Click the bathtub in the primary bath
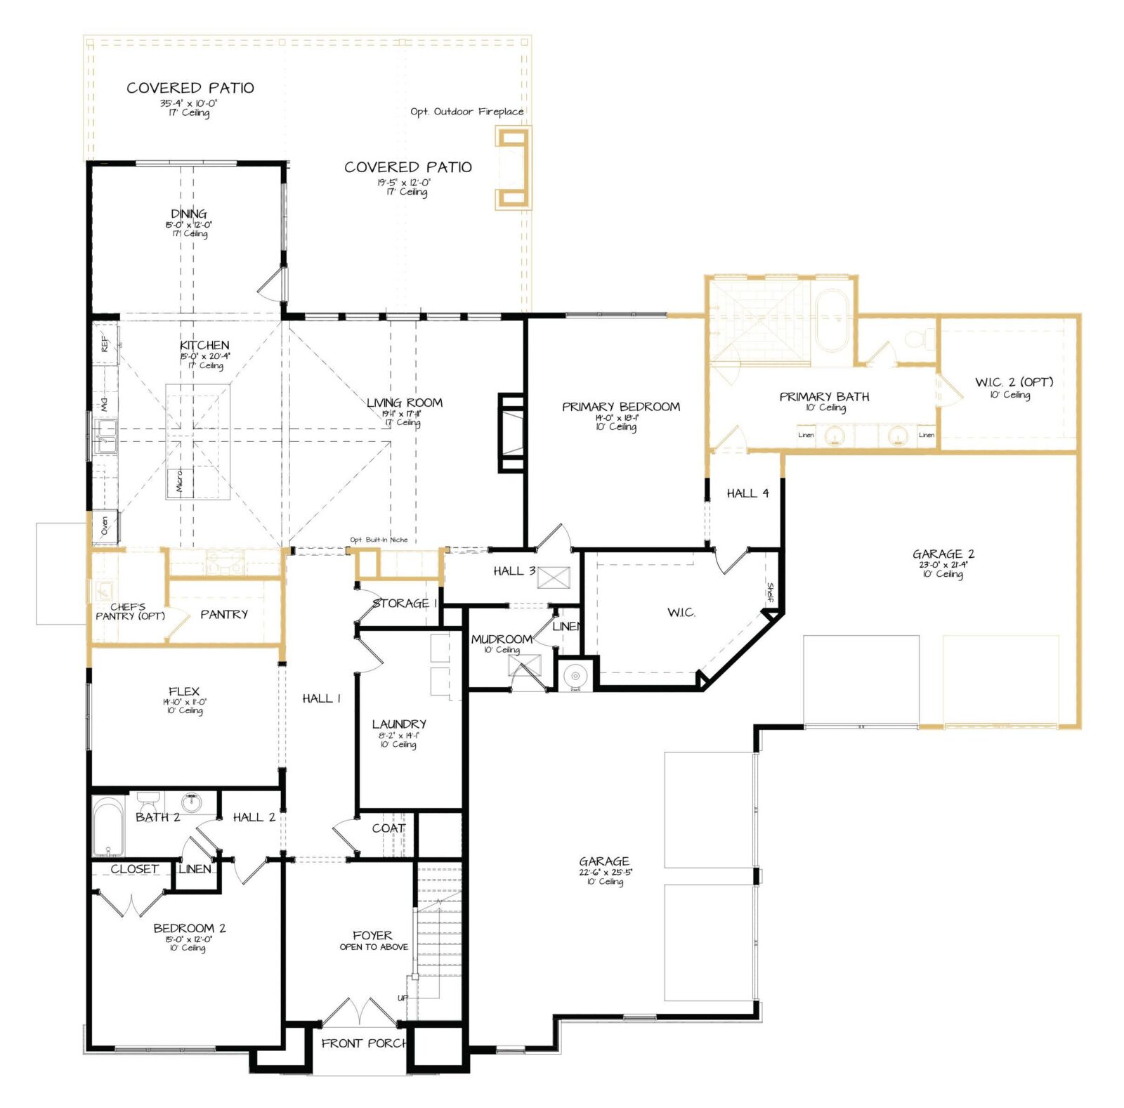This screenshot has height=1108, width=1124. [832, 320]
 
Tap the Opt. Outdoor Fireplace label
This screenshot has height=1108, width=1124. [467, 112]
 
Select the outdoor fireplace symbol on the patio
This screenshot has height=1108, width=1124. [513, 169]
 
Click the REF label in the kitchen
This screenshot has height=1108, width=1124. [105, 344]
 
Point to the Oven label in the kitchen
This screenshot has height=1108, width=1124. [105, 526]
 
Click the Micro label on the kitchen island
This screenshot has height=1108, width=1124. [180, 481]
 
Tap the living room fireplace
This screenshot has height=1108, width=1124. [511, 432]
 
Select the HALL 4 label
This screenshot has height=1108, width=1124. [747, 493]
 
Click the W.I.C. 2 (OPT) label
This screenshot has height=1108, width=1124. [1014, 382]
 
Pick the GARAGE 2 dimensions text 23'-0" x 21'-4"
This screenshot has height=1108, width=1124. [943, 564]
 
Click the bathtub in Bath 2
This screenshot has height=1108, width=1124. [108, 826]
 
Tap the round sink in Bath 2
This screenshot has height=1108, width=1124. [191, 802]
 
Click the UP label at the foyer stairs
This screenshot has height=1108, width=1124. [403, 998]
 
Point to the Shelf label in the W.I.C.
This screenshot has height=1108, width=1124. [770, 592]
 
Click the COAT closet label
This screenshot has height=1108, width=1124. [388, 828]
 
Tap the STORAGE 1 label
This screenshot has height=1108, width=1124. [405, 603]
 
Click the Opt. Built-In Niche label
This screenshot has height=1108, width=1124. [379, 540]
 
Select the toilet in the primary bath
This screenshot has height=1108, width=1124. [915, 340]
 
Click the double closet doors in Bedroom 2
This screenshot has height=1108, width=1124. [131, 906]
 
